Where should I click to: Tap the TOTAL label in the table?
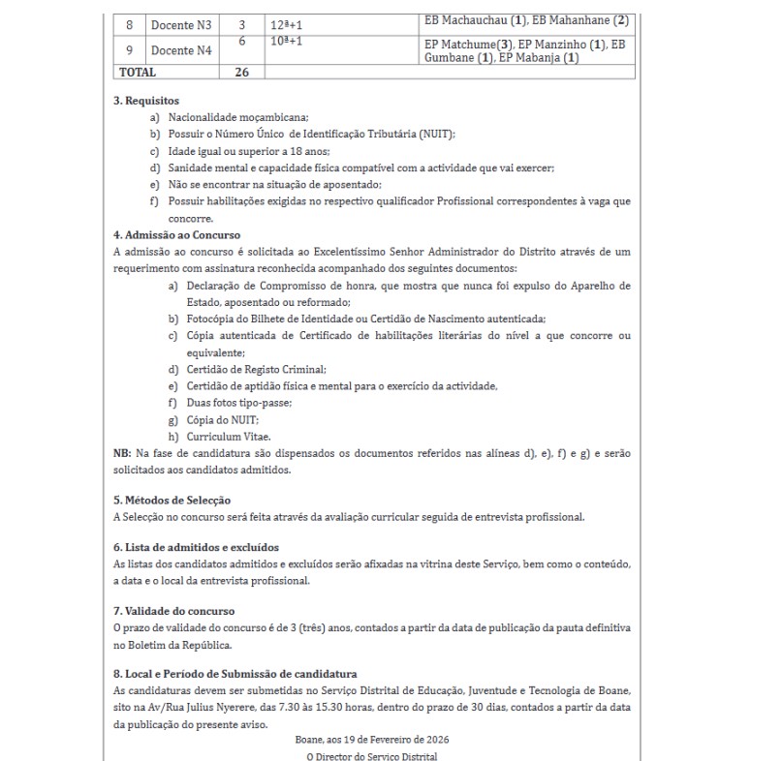click(x=137, y=73)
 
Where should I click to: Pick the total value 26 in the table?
click(x=242, y=73)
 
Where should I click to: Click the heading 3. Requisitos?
click(x=146, y=100)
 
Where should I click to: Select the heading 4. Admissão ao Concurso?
click(x=177, y=235)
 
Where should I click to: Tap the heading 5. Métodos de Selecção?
click(x=172, y=500)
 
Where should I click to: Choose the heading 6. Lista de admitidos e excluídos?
click(x=196, y=547)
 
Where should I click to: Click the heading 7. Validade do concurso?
click(x=174, y=611)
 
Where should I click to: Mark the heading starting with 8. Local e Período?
click(x=235, y=674)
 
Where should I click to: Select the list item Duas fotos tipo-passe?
click(x=237, y=402)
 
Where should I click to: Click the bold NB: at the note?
click(x=122, y=453)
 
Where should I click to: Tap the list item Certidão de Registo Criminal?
click(x=256, y=369)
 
